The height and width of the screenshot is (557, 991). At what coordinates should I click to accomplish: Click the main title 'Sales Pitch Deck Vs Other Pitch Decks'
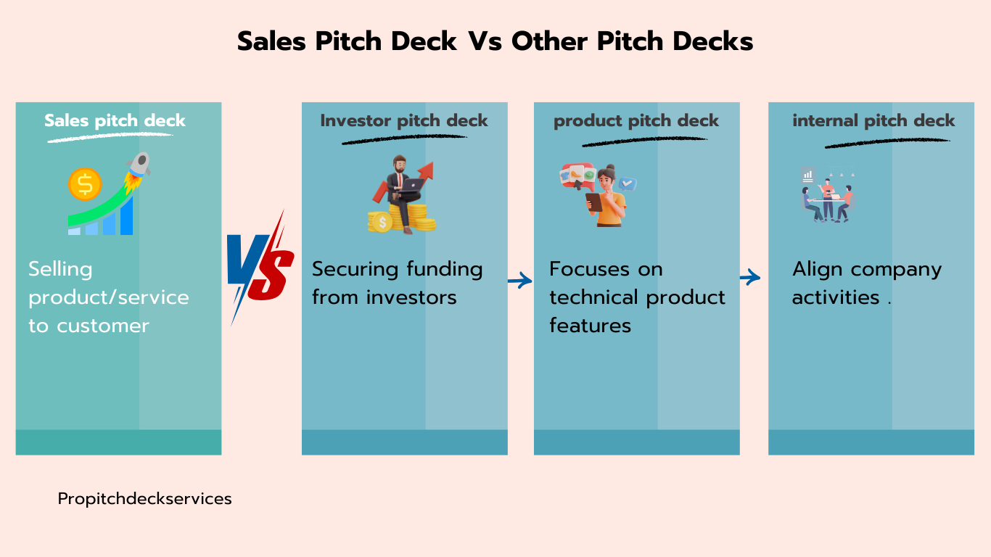tap(495, 41)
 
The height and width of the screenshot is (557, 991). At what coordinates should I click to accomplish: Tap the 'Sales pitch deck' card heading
tap(115, 120)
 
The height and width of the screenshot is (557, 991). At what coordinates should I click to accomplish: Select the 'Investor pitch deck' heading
tap(404, 120)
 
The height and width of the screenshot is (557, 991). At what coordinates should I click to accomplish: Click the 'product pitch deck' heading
tap(636, 120)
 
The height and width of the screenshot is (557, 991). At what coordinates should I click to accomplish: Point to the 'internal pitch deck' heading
tap(873, 120)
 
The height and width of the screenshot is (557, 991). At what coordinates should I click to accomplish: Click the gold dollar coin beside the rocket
tap(85, 184)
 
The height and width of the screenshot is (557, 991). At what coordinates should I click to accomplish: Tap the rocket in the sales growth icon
tap(139, 170)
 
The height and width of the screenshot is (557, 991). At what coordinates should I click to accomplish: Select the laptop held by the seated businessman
tap(411, 185)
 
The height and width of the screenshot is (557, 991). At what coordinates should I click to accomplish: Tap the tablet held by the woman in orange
tap(593, 202)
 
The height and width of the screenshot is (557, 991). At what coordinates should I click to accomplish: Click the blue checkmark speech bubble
tap(627, 183)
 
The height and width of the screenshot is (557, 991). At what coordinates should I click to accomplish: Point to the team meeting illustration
tap(828, 194)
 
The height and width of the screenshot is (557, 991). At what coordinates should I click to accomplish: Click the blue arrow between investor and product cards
tap(520, 280)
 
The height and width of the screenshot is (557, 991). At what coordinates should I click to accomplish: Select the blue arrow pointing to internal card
tap(750, 277)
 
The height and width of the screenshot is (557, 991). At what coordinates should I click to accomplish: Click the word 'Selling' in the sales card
tap(61, 269)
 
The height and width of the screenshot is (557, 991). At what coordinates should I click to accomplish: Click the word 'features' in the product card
tap(591, 326)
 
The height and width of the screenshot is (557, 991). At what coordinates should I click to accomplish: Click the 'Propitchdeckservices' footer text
tap(144, 499)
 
